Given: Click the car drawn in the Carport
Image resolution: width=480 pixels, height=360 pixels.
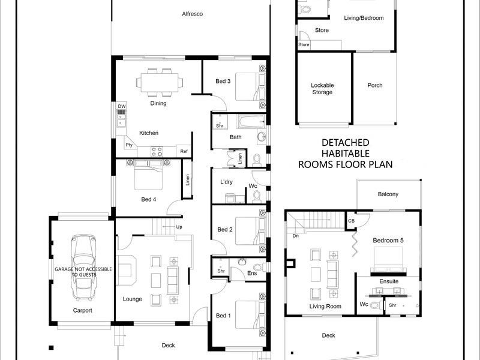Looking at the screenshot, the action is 83,268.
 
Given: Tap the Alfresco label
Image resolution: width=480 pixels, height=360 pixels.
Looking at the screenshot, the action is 192,14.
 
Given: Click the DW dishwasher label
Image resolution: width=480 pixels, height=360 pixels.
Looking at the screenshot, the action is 122,106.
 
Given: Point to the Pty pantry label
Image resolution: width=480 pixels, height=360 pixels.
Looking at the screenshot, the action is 129,145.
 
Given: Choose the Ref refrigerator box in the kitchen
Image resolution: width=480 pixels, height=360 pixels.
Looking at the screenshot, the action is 184,151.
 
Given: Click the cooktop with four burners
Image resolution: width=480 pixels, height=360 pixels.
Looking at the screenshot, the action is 157,152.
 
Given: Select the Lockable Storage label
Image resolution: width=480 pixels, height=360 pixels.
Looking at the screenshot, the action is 322,89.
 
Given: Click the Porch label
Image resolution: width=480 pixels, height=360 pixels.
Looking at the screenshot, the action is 374,85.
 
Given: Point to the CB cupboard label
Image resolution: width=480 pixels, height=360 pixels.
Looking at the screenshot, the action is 351,221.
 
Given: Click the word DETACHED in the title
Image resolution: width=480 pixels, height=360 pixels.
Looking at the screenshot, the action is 346,143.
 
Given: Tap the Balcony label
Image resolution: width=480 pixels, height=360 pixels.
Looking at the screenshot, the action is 388,194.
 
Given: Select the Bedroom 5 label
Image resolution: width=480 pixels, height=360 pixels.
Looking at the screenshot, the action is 388,241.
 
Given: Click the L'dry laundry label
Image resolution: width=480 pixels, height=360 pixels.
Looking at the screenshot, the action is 227,182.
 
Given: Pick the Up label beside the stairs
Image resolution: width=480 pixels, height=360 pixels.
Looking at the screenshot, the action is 179,227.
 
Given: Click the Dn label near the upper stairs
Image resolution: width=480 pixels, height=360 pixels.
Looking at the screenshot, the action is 295,236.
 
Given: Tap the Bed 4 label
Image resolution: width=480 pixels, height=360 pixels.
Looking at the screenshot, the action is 149,199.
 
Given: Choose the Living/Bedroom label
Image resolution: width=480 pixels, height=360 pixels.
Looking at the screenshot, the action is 364,18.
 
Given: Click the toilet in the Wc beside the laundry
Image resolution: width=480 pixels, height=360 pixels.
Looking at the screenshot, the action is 257,197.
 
